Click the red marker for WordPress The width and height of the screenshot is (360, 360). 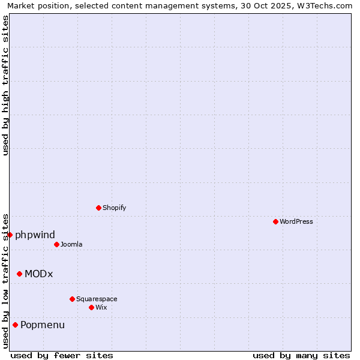pyautogui.click(x=275, y=221)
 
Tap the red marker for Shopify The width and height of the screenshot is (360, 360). pyautogui.click(x=98, y=208)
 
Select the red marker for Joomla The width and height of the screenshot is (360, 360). pyautogui.click(x=56, y=244)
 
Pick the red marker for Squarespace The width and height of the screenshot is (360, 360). pyautogui.click(x=72, y=299)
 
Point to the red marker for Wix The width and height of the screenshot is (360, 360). pyautogui.click(x=91, y=307)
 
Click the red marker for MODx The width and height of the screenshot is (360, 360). pyautogui.click(x=19, y=274)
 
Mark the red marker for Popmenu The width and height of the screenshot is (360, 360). pyautogui.click(x=15, y=325)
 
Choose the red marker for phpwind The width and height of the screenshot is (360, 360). pyautogui.click(x=10, y=235)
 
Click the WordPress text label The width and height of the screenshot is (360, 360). pyautogui.click(x=296, y=221)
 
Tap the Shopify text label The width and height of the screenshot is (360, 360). pyautogui.click(x=114, y=208)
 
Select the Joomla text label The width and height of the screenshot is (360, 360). pyautogui.click(x=71, y=244)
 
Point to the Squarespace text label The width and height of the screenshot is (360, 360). pyautogui.click(x=97, y=299)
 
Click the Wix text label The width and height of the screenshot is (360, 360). pyautogui.click(x=101, y=307)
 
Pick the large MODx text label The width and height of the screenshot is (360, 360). pyautogui.click(x=39, y=274)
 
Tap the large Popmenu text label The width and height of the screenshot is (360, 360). pyautogui.click(x=43, y=325)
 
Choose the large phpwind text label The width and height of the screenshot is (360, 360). pyautogui.click(x=35, y=235)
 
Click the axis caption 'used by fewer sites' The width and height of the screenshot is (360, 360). pyautogui.click(x=62, y=355)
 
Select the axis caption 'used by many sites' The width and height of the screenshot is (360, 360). pyautogui.click(x=301, y=355)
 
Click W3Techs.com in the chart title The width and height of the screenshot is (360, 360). pyautogui.click(x=320, y=5)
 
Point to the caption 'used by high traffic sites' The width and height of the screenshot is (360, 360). pyautogui.click(x=5, y=85)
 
